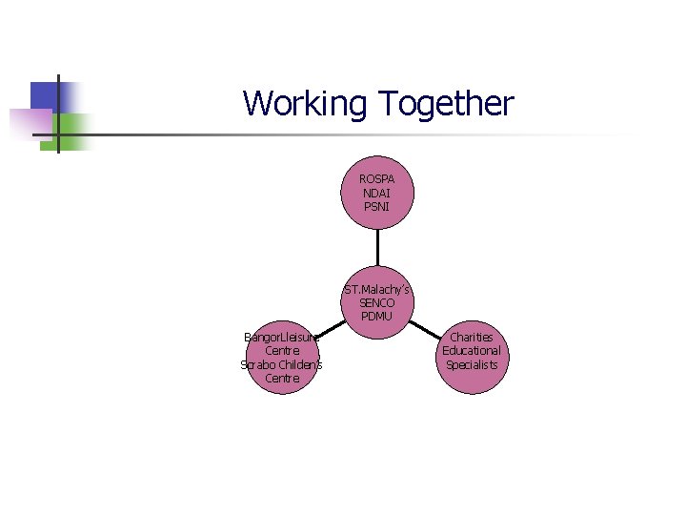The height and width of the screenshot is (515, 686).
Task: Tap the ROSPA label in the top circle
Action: point(377,179)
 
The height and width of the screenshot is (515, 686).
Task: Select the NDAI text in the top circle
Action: point(377,193)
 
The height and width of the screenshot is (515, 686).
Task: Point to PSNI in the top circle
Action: point(377,206)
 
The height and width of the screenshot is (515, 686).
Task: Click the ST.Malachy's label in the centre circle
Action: point(377,289)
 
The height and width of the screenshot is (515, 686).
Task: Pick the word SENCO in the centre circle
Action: point(377,302)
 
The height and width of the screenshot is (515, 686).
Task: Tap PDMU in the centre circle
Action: point(377,316)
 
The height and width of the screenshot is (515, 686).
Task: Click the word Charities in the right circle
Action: point(471,338)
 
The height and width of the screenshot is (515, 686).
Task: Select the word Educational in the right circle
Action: point(471,351)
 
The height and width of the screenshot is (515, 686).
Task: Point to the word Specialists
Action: point(471,364)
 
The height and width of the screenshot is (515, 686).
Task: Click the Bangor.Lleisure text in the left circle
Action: point(282,338)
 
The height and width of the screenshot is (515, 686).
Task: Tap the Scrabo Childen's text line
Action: point(282,364)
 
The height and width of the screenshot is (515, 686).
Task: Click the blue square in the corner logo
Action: point(44,95)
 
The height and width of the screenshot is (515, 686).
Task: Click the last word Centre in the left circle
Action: point(282,379)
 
